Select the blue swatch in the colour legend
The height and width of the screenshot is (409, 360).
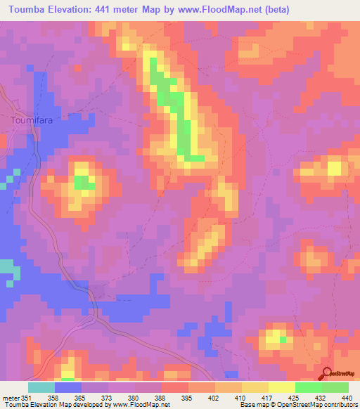point(68,387)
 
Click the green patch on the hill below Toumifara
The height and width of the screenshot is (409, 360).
point(84,183)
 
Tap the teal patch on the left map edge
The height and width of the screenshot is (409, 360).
point(6,268)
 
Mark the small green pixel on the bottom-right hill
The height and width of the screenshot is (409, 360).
point(283,339)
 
